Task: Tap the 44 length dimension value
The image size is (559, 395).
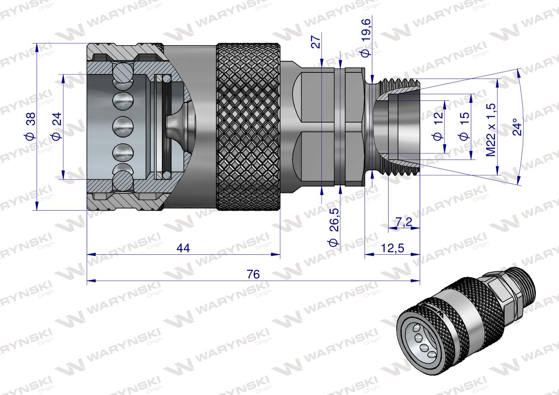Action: (x=183, y=249)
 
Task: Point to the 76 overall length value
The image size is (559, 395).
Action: (x=253, y=274)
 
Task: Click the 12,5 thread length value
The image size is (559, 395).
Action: (x=392, y=248)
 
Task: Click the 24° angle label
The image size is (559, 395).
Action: (x=518, y=127)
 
